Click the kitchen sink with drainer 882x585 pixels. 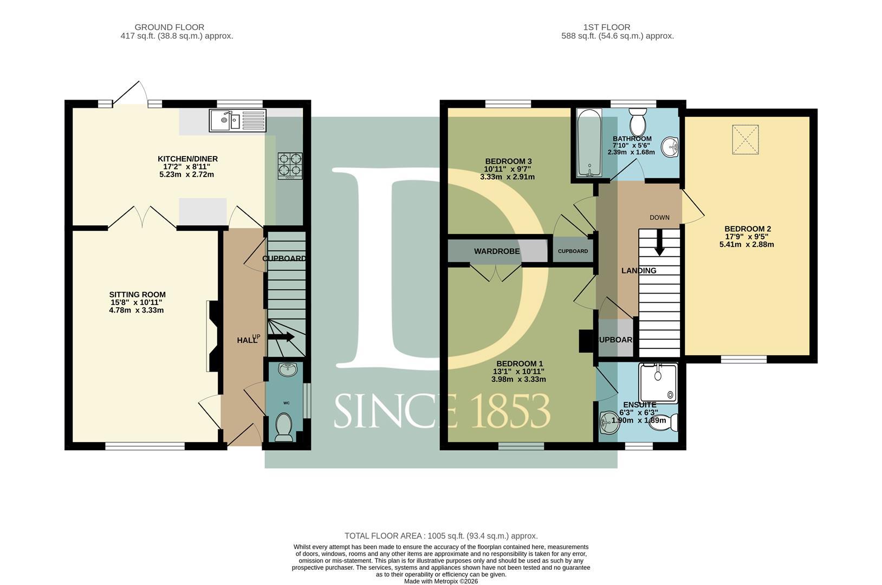237,120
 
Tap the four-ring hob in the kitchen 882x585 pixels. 290,166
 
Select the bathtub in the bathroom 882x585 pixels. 589,142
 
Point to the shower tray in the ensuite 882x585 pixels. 658,383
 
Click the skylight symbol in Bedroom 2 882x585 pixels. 745,139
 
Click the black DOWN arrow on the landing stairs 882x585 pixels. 659,243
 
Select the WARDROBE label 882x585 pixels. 497,251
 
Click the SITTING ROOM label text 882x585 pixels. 138,295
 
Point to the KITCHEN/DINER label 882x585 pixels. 188,159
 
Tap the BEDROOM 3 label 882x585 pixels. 508,161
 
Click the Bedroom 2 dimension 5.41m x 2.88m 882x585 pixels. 747,244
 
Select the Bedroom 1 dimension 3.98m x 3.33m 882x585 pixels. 518,380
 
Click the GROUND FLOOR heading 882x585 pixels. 170,27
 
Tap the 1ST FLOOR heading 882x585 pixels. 607,27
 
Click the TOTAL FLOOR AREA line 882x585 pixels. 441,536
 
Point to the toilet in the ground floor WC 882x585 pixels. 284,427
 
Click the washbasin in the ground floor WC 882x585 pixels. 288,369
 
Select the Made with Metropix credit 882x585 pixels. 441,581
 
